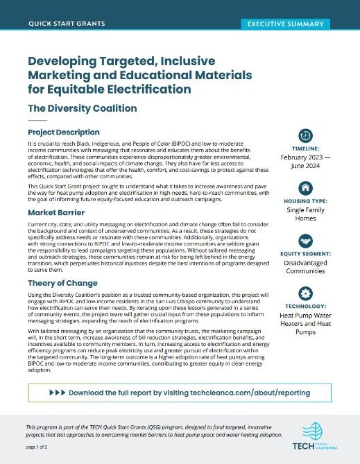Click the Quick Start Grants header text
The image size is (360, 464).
(x=67, y=24)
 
